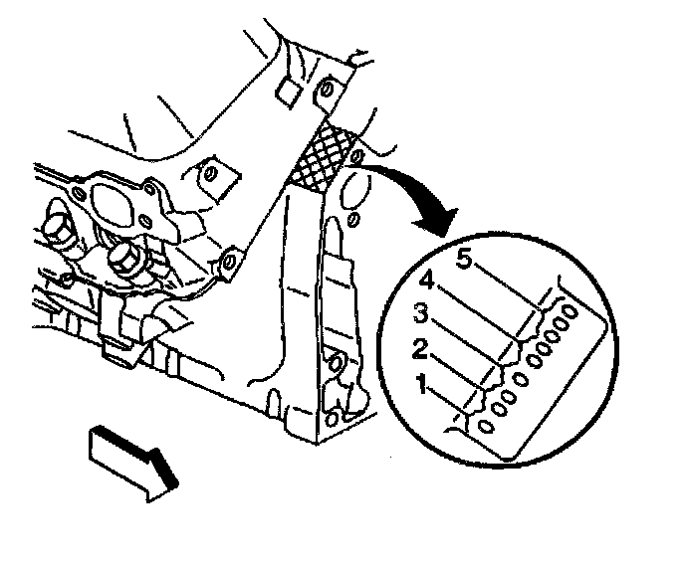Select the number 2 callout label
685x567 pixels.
(x=421, y=347)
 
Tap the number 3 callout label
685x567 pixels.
(x=421, y=314)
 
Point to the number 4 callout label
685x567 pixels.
(x=425, y=280)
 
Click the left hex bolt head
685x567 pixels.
(x=57, y=232)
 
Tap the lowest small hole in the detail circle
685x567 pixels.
(x=486, y=427)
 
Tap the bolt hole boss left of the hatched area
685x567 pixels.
(x=210, y=175)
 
